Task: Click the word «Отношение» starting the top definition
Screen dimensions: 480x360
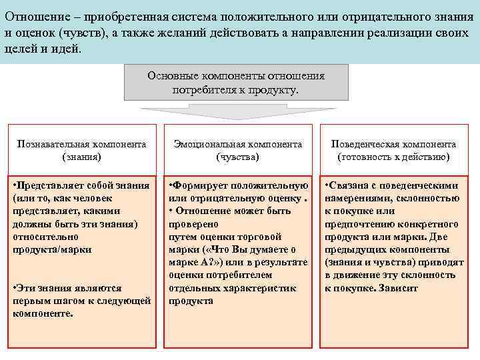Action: (33, 15)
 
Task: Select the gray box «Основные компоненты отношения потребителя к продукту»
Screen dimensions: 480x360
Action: (236, 82)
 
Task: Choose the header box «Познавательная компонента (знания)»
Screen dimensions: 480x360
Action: (81, 150)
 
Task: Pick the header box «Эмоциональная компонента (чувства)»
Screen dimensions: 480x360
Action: (238, 150)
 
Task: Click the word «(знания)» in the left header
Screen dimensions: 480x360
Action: (81, 157)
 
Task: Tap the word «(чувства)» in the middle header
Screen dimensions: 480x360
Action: (238, 157)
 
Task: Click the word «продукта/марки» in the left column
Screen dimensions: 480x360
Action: (52, 249)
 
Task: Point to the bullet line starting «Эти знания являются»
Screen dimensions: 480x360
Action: (67, 288)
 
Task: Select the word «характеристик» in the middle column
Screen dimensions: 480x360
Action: (263, 287)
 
